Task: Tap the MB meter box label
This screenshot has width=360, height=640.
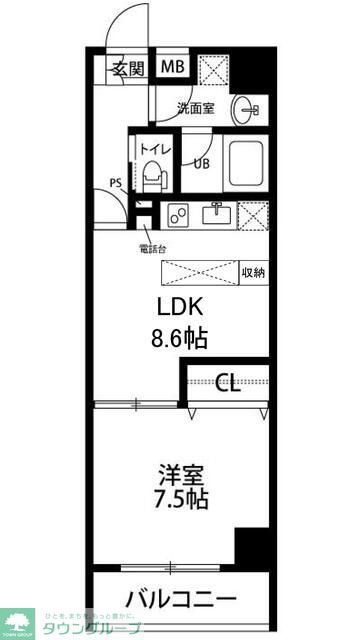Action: pyautogui.click(x=172, y=68)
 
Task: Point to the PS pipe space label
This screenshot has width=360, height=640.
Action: pyautogui.click(x=116, y=182)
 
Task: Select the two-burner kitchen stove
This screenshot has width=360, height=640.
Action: pyautogui.click(x=181, y=214)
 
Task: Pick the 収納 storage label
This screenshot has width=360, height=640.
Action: pyautogui.click(x=253, y=272)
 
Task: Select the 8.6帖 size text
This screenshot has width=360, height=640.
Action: pyautogui.click(x=180, y=338)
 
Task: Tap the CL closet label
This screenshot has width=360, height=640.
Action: pyautogui.click(x=228, y=382)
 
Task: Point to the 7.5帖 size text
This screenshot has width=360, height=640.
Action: pyautogui.click(x=180, y=498)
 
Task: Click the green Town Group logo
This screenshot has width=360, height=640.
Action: pyautogui.click(x=18, y=621)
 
